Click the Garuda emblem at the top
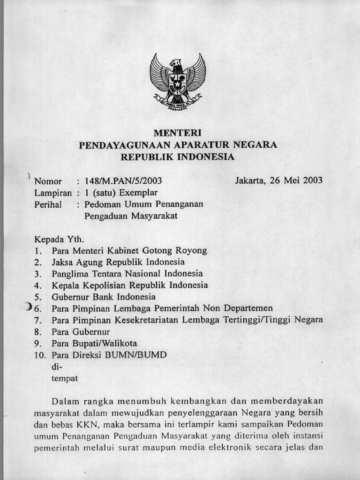[178, 81]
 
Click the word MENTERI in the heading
[178, 133]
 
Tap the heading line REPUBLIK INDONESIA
[178, 157]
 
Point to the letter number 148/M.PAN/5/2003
[123, 181]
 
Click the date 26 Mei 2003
[296, 180]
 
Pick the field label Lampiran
[53, 193]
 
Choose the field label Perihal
[48, 204]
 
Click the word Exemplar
[138, 193]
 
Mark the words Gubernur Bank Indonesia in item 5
[104, 297]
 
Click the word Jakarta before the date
[250, 180]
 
